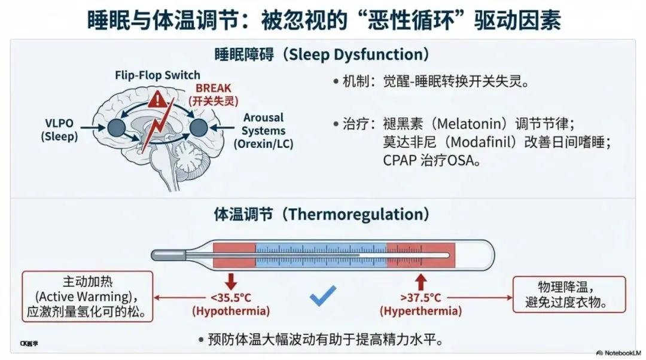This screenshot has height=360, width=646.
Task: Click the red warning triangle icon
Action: [158, 99]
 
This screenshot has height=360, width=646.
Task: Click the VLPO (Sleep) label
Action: [59, 130]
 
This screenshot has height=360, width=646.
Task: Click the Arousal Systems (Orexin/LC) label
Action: [264, 130]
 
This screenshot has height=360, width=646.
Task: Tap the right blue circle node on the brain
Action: [198, 127]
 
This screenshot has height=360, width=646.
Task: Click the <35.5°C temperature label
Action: [231, 298]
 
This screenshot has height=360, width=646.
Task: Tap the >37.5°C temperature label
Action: [421, 298]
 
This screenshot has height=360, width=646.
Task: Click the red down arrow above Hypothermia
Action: [231, 281]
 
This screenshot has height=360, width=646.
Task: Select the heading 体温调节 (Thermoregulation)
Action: [322, 214]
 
